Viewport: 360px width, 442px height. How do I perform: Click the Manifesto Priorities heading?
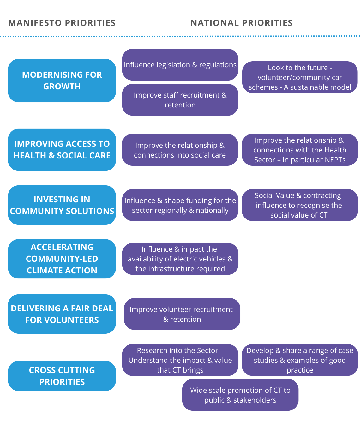point(62,23)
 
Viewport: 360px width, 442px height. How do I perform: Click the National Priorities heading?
point(241,23)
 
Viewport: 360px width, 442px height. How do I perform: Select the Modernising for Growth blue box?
point(62,81)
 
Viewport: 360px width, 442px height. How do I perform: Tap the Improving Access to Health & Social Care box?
point(62,150)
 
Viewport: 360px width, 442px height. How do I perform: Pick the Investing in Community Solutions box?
point(62,205)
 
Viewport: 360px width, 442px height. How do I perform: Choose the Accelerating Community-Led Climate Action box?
point(62,259)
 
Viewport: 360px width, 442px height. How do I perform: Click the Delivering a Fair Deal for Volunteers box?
point(62,314)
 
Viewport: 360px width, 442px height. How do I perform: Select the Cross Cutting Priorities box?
point(62,376)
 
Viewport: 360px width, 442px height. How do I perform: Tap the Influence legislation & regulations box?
point(180,65)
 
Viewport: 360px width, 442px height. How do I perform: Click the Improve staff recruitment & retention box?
point(180,100)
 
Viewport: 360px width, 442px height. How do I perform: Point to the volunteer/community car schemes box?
point(300,77)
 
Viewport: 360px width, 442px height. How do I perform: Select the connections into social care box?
point(180,150)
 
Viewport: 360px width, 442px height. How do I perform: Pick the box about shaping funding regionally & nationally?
point(180,205)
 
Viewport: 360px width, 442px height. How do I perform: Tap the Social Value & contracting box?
point(300,205)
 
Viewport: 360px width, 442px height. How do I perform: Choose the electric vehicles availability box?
point(180,259)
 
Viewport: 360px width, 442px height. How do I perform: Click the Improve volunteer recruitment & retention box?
point(182,314)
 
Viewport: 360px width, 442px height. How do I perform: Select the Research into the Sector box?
point(180,360)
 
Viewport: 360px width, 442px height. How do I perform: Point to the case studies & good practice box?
point(300,360)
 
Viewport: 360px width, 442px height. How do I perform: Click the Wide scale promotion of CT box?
point(240,395)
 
